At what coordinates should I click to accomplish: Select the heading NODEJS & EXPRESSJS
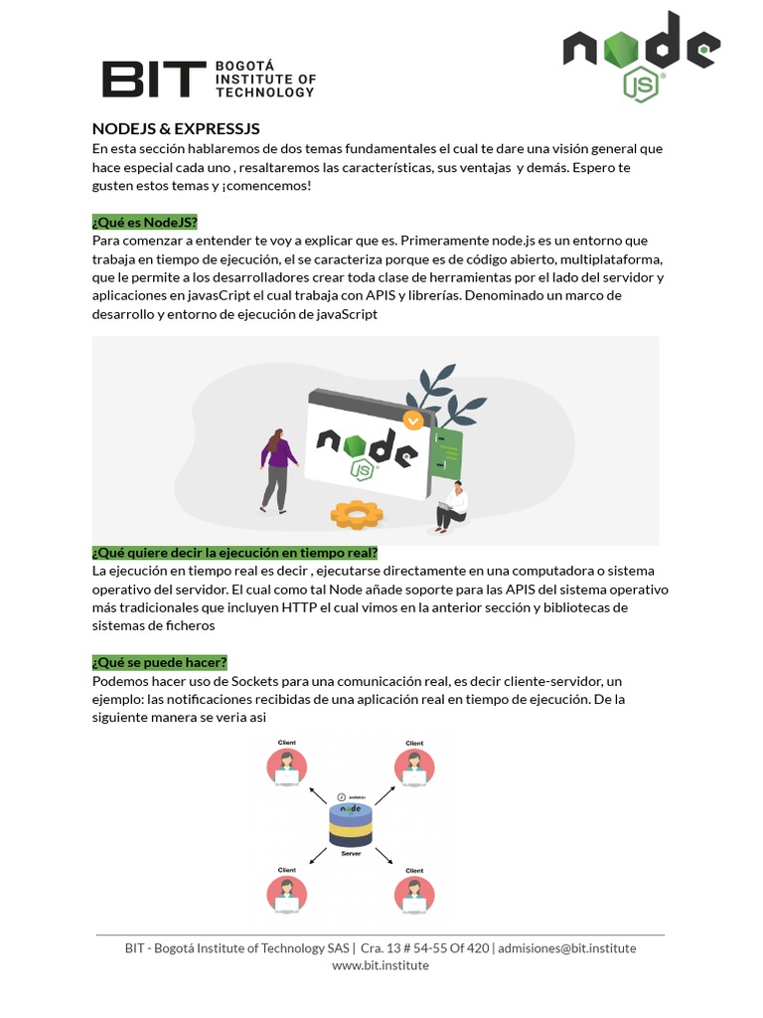pos(176,129)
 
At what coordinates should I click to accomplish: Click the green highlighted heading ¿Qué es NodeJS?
pos(145,221)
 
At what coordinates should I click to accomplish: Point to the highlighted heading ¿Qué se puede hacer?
pos(160,662)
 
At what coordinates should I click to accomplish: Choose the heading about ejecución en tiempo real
pos(234,552)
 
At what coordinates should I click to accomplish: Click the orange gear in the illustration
pos(357,514)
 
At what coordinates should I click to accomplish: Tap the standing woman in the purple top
pos(277,469)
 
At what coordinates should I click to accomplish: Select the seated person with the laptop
pos(452,505)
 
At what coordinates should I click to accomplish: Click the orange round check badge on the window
pos(412,421)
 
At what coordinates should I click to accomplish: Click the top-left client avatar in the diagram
pos(286,766)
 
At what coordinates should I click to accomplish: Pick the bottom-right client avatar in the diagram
pos(413,893)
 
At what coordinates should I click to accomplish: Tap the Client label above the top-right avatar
pos(414,744)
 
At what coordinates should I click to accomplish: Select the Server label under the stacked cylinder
pos(350,854)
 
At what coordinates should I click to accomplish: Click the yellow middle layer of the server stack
pos(350,827)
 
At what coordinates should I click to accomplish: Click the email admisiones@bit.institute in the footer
pos(566,947)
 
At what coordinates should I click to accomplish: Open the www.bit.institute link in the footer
pos(381,965)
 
